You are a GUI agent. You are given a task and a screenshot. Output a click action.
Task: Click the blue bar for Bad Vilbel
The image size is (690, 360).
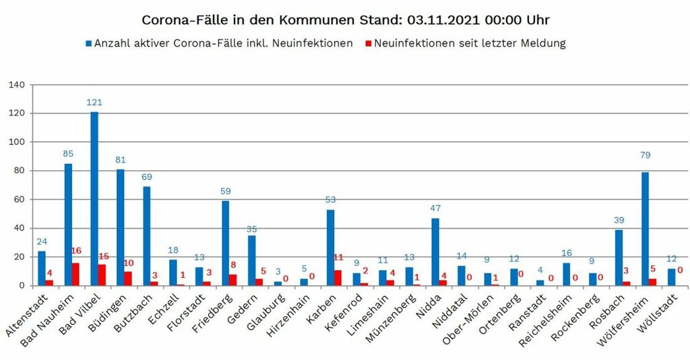(94, 198)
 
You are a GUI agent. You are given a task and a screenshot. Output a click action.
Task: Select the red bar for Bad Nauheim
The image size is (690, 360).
(75, 274)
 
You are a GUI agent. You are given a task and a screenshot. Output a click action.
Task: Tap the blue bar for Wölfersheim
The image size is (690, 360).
(646, 229)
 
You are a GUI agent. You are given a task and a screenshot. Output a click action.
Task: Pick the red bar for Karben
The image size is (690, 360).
(338, 278)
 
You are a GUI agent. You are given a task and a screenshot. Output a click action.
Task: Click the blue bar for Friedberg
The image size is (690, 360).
(226, 243)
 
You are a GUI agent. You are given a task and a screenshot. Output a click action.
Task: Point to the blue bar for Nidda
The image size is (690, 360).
(435, 251)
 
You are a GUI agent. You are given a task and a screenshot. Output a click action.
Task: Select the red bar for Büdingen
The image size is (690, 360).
(128, 278)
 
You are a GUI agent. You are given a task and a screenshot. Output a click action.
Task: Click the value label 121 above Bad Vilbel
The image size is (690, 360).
(94, 102)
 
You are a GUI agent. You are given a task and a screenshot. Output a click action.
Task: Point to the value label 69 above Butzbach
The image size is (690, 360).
(147, 177)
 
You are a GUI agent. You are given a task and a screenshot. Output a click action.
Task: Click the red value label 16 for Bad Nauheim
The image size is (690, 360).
(76, 251)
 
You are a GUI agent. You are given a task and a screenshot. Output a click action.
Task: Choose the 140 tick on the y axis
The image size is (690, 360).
(17, 85)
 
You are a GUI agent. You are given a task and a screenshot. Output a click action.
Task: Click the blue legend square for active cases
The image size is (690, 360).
(88, 44)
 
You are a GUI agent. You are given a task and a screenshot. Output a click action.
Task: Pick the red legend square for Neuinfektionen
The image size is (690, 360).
(367, 44)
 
